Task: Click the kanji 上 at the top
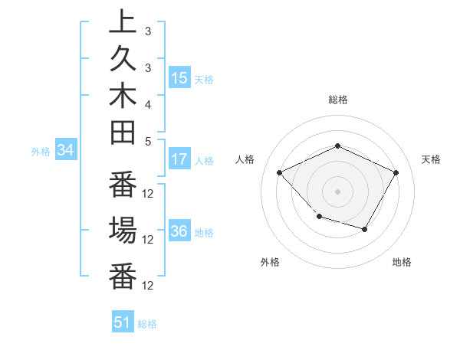tap(123, 22)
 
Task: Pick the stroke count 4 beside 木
tap(148, 104)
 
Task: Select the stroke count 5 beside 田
tap(148, 141)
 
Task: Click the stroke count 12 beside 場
tap(149, 239)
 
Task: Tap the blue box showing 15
tap(179, 78)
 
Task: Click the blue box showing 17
tap(179, 159)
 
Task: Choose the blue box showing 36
tap(179, 231)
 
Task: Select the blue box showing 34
tap(65, 151)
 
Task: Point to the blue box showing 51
tap(123, 322)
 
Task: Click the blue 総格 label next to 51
tap(147, 324)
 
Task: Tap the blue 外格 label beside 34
tap(41, 152)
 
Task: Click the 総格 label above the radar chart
tap(337, 100)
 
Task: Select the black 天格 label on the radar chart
tap(432, 159)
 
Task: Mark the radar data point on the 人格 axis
tap(280, 172)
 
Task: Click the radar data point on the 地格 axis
tap(365, 229)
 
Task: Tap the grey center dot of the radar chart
tap(337, 191)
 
